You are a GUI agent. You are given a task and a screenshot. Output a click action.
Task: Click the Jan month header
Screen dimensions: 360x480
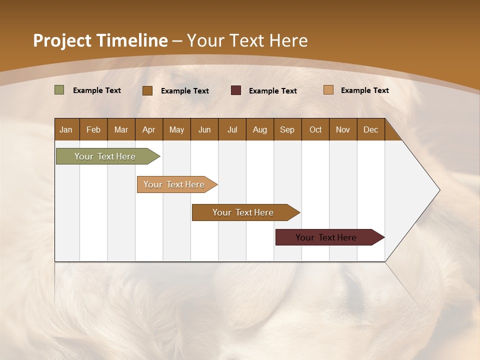(x=66, y=129)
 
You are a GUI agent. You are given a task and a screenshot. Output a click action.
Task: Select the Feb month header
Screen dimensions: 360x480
(x=93, y=129)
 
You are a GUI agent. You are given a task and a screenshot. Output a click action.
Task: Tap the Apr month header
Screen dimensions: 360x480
(x=149, y=129)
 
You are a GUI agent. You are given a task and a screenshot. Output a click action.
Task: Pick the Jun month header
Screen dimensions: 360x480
(x=204, y=129)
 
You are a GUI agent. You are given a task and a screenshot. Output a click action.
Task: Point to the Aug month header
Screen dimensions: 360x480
(x=260, y=129)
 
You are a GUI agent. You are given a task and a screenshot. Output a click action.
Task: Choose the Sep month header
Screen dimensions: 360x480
(x=287, y=129)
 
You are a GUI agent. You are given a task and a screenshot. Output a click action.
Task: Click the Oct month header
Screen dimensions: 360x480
(x=315, y=129)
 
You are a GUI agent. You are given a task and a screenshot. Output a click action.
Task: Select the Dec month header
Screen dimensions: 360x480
(x=371, y=129)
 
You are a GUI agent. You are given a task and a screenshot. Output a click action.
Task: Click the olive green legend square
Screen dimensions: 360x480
(x=59, y=90)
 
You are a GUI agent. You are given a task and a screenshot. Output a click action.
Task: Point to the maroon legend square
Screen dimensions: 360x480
(x=236, y=90)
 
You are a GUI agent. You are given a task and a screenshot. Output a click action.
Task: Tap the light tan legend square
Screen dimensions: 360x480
(x=328, y=90)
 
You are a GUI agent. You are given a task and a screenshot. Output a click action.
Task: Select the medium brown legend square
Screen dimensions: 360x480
(x=147, y=90)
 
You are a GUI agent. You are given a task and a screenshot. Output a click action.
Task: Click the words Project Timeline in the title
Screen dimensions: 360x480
(x=100, y=40)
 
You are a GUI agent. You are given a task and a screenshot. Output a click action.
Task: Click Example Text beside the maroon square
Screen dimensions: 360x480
(x=273, y=90)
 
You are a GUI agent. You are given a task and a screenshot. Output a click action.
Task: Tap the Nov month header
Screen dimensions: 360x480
(x=343, y=129)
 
